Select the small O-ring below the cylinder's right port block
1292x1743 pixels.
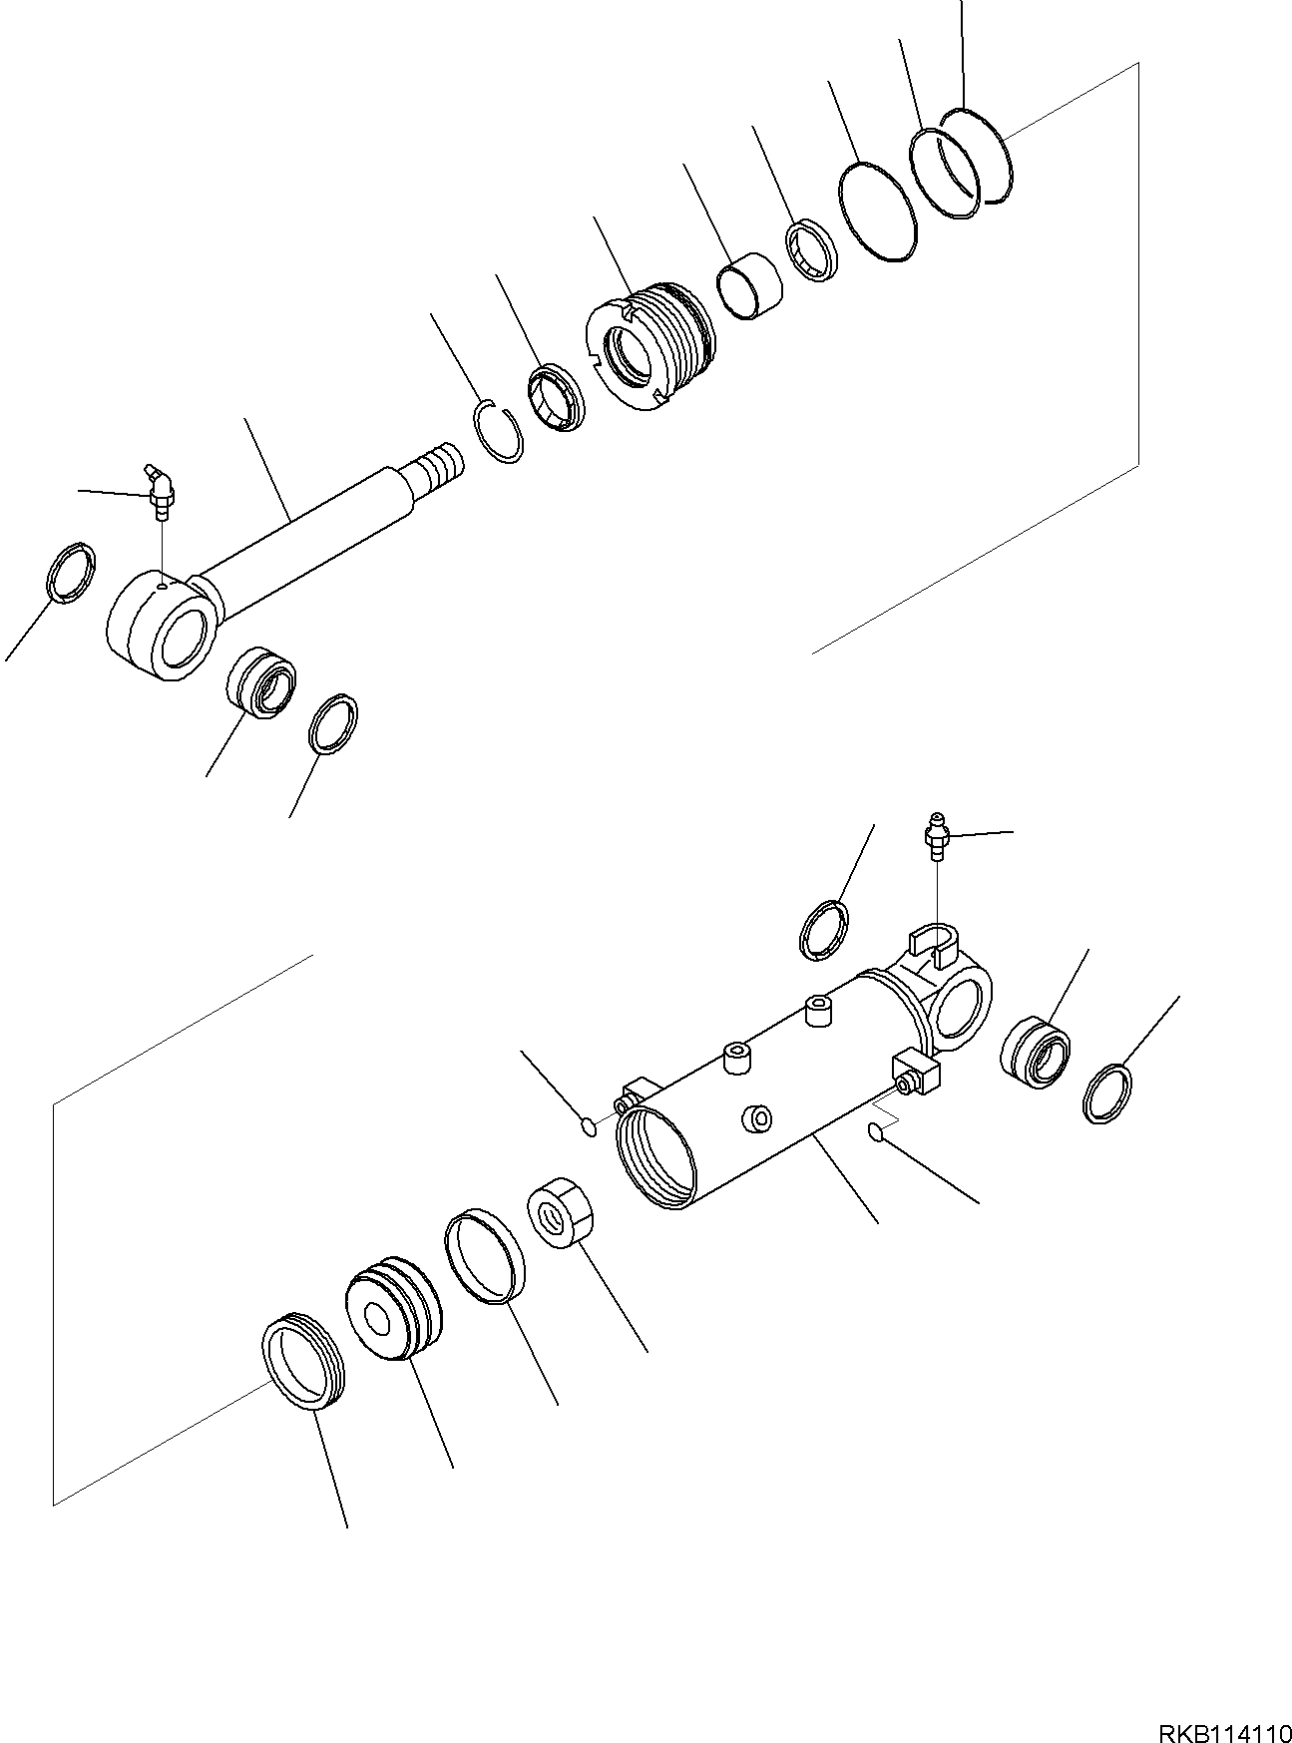876,1131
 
